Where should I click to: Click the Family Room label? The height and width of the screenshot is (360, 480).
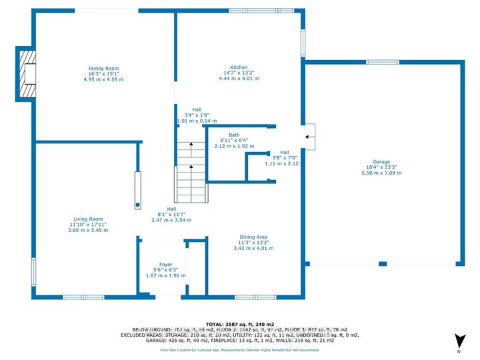(103, 68)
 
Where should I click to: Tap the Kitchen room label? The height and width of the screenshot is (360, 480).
(239, 67)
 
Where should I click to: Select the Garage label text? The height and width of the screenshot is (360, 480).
(381, 161)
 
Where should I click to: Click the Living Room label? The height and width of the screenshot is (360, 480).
(87, 219)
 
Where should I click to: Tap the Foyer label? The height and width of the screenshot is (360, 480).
(165, 265)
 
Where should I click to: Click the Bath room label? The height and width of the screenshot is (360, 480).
(233, 135)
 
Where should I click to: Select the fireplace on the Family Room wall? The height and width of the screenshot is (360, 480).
(27, 75)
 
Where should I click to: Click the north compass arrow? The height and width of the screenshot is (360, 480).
(458, 341)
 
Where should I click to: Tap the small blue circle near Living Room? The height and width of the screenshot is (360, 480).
(138, 205)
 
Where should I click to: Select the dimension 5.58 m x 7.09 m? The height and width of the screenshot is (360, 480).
(381, 173)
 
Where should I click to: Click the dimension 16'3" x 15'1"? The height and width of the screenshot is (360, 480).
(103, 73)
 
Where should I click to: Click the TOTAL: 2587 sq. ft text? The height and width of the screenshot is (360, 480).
(239, 322)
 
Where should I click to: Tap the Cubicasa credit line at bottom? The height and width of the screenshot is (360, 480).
(239, 349)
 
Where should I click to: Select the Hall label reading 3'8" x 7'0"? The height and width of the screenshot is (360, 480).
(285, 157)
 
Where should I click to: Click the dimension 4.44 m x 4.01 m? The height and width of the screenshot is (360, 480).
(239, 79)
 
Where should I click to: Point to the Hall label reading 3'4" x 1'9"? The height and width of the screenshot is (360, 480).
(197, 115)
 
